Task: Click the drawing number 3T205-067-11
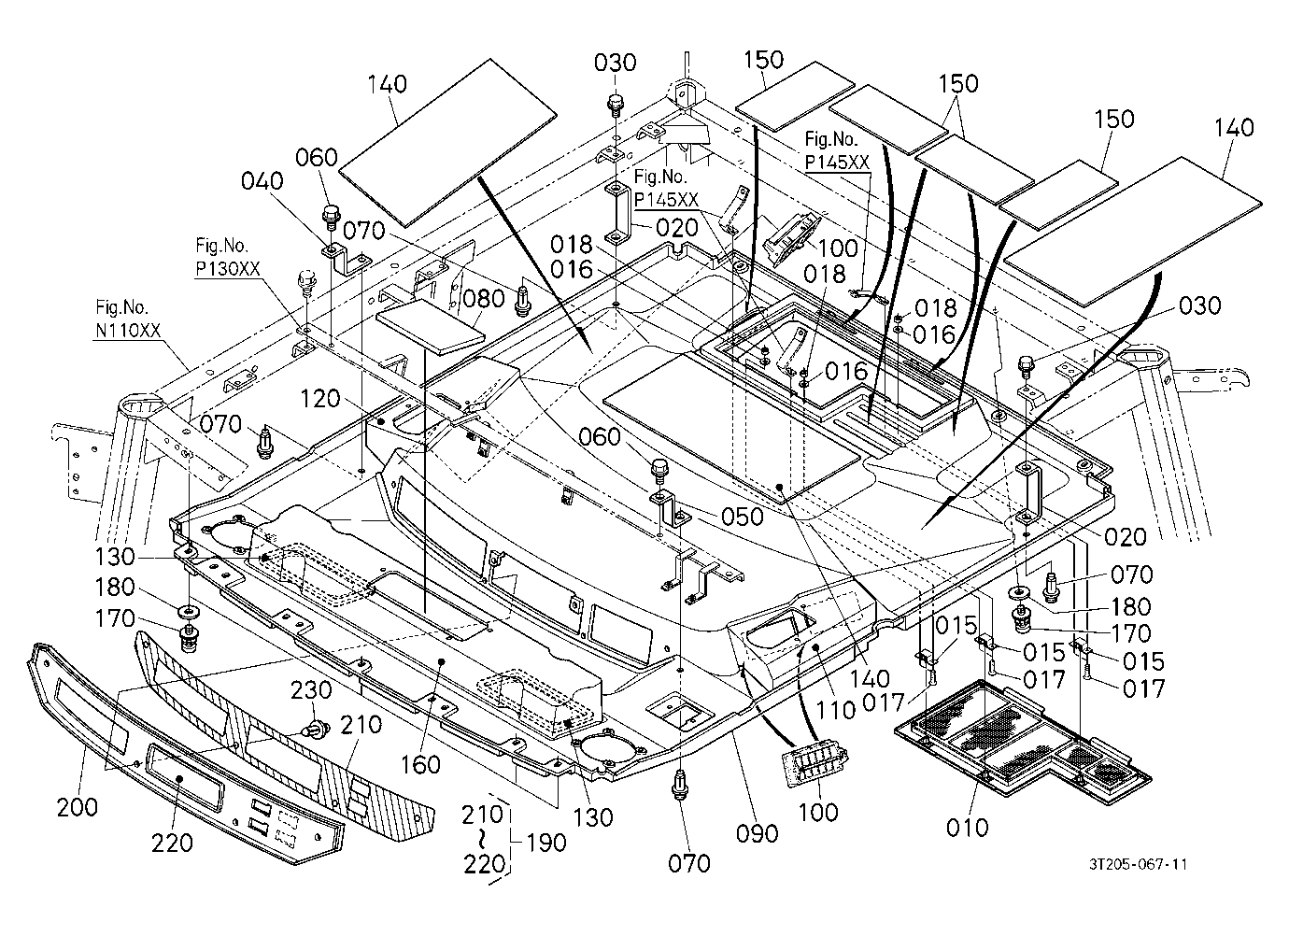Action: pos(1138,865)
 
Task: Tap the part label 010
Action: pos(968,828)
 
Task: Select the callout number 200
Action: pos(78,807)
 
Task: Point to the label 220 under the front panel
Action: pos(172,844)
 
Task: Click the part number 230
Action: pos(311,690)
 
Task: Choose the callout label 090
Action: pos(758,833)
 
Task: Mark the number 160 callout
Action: pos(420,765)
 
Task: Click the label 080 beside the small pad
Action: pos(484,299)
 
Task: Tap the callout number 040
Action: pos(262,181)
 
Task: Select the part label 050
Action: pos(743,517)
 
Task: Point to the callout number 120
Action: pos(320,399)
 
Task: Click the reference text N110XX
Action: pos(128,331)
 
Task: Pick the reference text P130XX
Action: pos(228,269)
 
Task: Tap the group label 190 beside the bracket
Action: pos(546,843)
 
